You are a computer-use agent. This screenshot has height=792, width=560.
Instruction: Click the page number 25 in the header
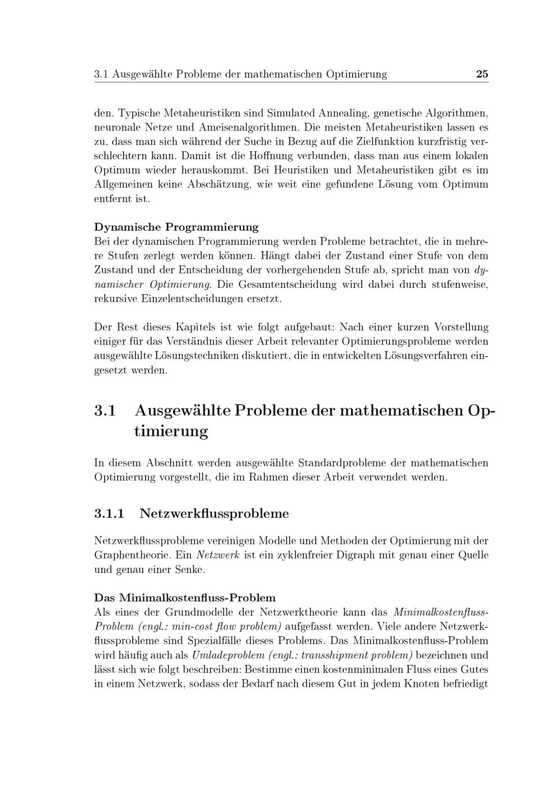(x=482, y=74)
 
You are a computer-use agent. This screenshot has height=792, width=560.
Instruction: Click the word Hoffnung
(x=265, y=155)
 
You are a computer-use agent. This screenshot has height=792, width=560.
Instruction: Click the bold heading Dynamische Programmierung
(x=176, y=227)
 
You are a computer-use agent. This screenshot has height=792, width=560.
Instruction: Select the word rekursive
(x=115, y=299)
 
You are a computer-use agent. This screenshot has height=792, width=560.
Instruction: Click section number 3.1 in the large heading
(x=105, y=411)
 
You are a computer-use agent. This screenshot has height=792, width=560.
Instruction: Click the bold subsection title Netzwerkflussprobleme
(x=214, y=513)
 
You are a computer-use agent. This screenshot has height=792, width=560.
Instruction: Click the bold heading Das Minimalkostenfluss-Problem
(x=185, y=597)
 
